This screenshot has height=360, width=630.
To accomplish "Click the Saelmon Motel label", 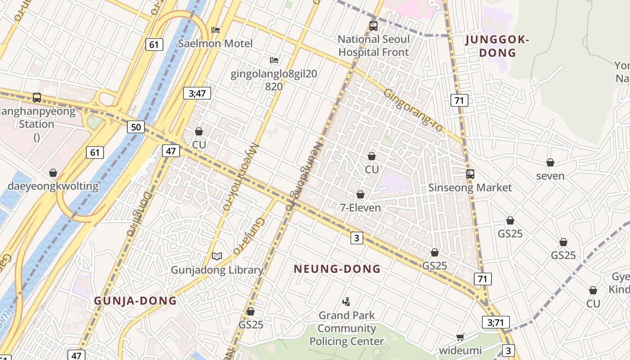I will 215,44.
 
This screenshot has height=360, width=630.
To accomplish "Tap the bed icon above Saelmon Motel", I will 216,30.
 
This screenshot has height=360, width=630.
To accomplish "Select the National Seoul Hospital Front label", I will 373,45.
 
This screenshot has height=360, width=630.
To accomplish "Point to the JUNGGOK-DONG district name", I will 497,46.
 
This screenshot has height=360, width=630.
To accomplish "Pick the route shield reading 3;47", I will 197,93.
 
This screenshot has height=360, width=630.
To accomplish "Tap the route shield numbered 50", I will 136,127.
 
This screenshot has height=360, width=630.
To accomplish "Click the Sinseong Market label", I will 470,187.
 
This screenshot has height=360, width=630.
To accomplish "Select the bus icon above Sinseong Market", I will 470,174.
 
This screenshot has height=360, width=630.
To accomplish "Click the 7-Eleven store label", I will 360,207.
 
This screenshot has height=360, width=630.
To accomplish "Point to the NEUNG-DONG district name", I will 337,269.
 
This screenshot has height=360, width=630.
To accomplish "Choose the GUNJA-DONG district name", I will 135,301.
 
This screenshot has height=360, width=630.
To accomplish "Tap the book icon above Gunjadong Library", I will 217,256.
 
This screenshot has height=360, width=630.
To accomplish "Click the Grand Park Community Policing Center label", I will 346,328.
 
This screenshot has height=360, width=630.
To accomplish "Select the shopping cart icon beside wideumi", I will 460,337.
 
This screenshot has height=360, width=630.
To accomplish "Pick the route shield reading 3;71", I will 495,322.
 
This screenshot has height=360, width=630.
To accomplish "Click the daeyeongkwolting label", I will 53,186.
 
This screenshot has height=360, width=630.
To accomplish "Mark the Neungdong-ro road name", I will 304,176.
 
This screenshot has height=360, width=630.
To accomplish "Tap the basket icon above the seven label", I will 550,162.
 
